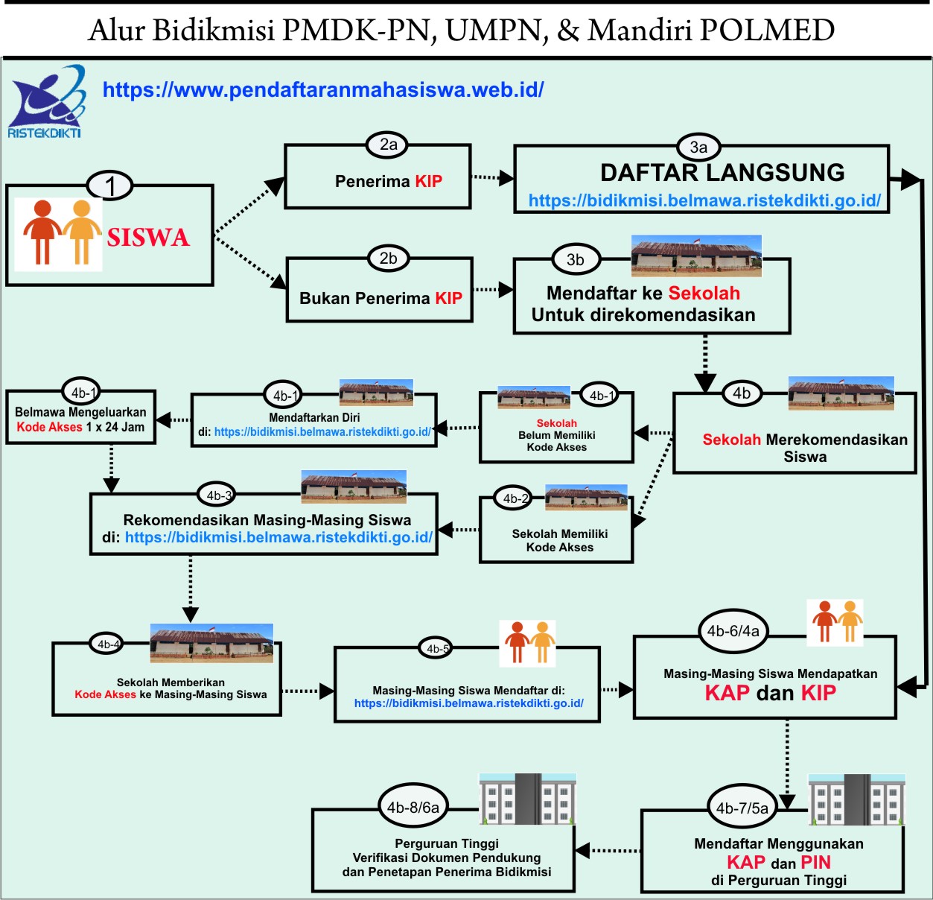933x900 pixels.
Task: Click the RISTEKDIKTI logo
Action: [x=45, y=103]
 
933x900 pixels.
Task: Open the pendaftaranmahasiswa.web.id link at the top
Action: [x=323, y=90]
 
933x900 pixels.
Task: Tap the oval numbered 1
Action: [x=110, y=186]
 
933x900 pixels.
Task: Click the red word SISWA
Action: [x=148, y=238]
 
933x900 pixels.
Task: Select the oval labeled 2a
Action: [x=388, y=145]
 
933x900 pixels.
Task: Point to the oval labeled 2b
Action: [x=388, y=259]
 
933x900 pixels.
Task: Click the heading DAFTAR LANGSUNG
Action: [x=722, y=172]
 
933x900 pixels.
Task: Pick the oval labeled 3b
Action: [x=575, y=259]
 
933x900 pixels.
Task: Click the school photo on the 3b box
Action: [x=696, y=256]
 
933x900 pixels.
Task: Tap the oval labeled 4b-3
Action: [x=219, y=495]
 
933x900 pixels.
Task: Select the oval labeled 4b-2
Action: [x=515, y=498]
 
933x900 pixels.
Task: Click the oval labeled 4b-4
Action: [x=108, y=644]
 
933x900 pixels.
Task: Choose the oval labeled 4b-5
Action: [x=437, y=648]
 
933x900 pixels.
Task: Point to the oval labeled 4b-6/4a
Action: [x=733, y=631]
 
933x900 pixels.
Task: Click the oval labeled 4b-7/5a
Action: [x=742, y=808]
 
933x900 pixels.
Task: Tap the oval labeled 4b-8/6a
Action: [x=413, y=807]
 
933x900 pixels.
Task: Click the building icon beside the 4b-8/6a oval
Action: [x=527, y=799]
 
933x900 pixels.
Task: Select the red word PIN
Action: [x=815, y=862]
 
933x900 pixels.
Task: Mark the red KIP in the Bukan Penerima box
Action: [x=448, y=298]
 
